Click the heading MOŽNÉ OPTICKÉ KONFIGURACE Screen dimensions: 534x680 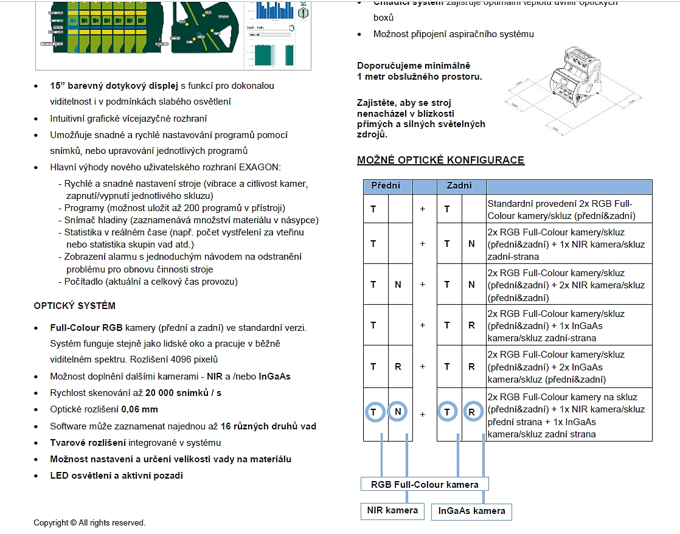pyautogui.click(x=440, y=161)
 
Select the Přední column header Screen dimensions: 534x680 pyautogui.click(x=386, y=186)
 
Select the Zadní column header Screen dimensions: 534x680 pyautogui.click(x=459, y=186)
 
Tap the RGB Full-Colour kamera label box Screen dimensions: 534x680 pyautogui.click(x=425, y=485)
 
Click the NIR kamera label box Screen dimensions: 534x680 pyautogui.click(x=393, y=510)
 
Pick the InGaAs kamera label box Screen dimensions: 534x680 pyautogui.click(x=471, y=511)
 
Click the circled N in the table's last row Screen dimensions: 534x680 pyautogui.click(x=398, y=412)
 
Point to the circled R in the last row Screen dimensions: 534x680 pyautogui.click(x=472, y=412)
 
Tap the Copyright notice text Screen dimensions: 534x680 pyautogui.click(x=89, y=522)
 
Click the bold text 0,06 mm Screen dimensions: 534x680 pyautogui.click(x=139, y=409)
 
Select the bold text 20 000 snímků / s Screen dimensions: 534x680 pyautogui.click(x=183, y=393)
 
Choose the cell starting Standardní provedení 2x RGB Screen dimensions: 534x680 pyautogui.click(x=569, y=209)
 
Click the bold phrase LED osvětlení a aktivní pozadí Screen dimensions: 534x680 pyautogui.click(x=116, y=476)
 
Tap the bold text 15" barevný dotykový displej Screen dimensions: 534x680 pyautogui.click(x=114, y=86)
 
